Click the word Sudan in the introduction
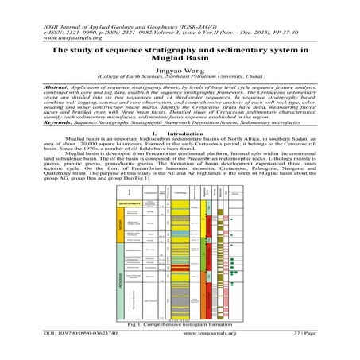coord(296,159)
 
